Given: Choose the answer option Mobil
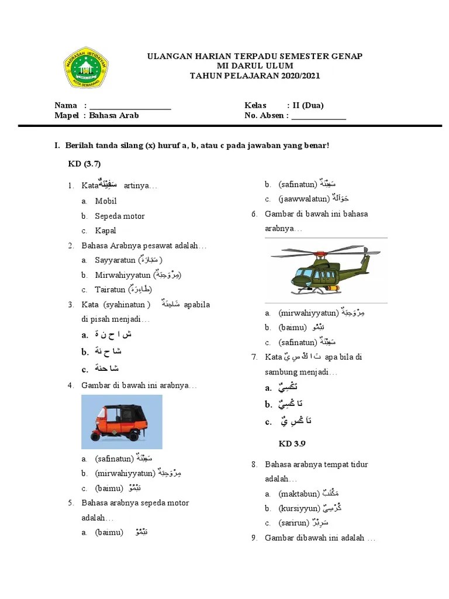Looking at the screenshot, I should [106, 201].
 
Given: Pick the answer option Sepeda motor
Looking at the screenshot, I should [120, 216].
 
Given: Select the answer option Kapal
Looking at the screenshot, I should [106, 230].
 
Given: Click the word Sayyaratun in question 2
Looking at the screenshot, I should [115, 260].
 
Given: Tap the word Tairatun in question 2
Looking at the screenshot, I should [110, 290].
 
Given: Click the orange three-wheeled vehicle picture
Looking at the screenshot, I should [122, 422].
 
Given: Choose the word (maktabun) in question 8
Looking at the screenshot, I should [299, 494].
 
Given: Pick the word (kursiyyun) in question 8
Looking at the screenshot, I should [299, 509].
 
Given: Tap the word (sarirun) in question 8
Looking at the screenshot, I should [295, 523].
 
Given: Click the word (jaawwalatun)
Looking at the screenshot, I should [303, 199].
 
